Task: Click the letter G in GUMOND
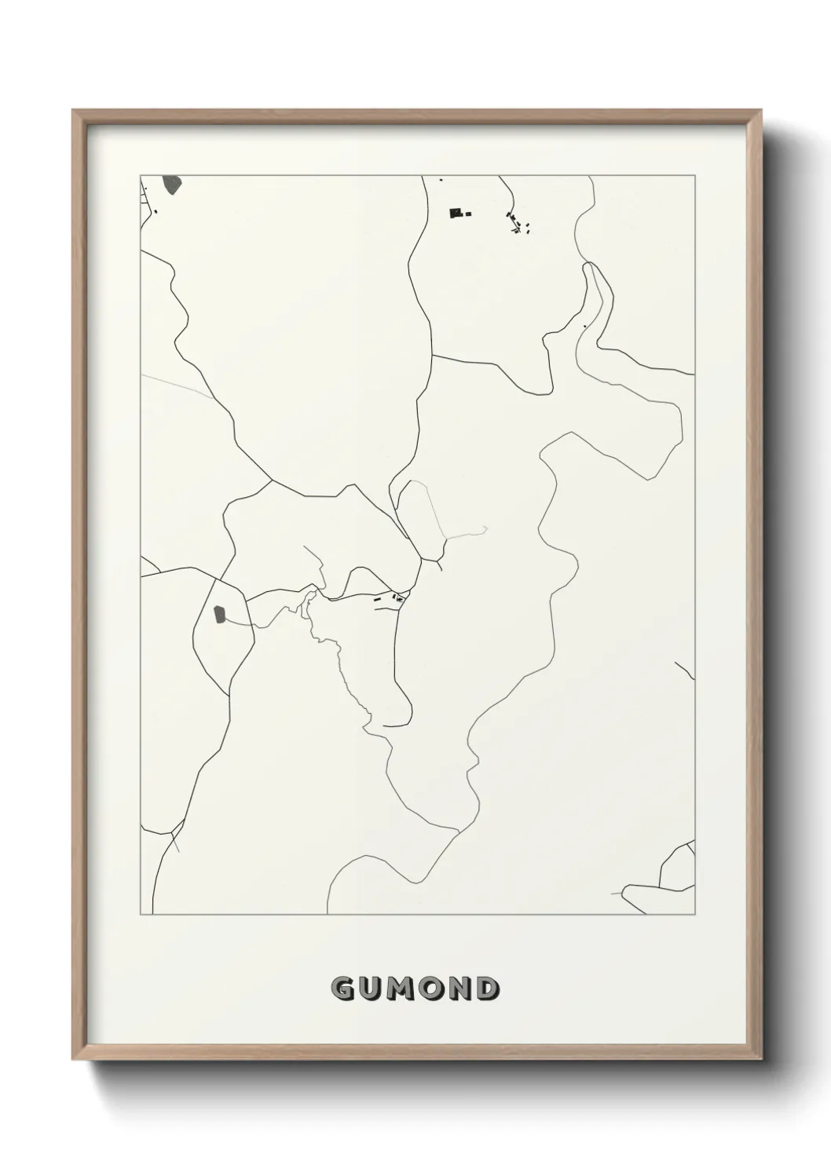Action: point(342,989)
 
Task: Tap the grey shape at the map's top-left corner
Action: point(171,185)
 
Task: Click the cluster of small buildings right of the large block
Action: point(517,225)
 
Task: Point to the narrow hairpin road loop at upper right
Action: point(594,298)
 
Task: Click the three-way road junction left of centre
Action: point(272,480)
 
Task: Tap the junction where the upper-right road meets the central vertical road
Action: point(433,356)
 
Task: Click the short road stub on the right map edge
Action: point(685,671)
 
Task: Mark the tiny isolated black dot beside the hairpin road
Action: point(585,327)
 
